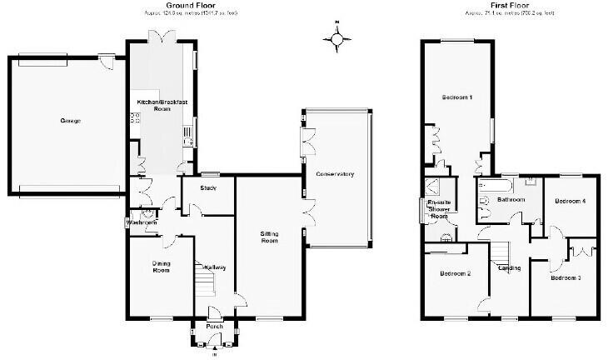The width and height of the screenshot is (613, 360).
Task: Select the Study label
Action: pos(208,188)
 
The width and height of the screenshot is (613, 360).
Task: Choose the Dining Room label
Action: pos(161,267)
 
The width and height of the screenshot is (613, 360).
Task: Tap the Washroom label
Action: pos(141,223)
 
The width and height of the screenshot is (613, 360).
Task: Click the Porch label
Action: pos(215,326)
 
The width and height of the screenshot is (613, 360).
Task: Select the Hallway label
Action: pos(215,267)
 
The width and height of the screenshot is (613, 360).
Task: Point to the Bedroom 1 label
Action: pos(457,98)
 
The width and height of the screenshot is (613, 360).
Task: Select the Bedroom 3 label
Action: pos(566,277)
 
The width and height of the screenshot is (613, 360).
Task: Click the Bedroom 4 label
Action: pos(571,202)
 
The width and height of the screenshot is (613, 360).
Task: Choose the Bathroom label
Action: pos(511,201)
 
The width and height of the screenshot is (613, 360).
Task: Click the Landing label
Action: pos(509,267)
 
